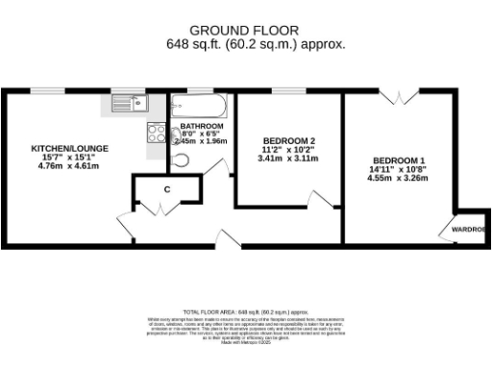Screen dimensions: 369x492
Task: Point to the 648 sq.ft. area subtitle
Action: (257, 43)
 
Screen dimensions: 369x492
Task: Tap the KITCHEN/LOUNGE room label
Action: (69, 148)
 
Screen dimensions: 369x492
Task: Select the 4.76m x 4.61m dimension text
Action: (69, 166)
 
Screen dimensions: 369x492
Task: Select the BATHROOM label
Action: (202, 127)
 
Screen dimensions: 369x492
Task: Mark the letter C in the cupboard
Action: (166, 189)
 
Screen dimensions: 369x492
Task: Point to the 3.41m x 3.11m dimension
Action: (286, 159)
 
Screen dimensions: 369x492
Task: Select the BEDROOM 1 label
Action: (400, 160)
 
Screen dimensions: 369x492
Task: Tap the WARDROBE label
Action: (468, 230)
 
